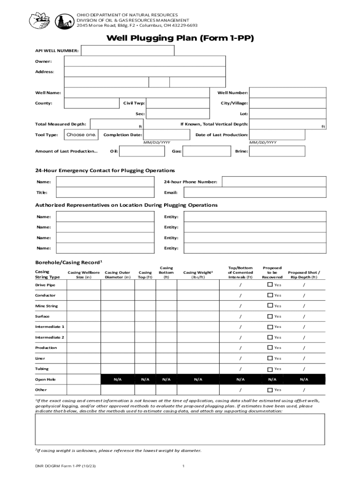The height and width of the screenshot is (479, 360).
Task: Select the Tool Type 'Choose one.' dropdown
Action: [x=81, y=135]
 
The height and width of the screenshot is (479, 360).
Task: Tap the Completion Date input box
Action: [x=166, y=135]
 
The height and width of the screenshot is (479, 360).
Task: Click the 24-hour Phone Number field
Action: [x=274, y=181]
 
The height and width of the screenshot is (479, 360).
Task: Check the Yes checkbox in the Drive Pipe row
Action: [x=270, y=284]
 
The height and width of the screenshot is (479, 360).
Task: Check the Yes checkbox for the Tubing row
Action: [x=270, y=369]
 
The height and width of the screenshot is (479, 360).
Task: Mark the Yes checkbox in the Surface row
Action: [x=270, y=316]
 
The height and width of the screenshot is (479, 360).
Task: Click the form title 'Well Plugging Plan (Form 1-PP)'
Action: [x=180, y=38]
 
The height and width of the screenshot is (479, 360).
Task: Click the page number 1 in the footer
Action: [x=184, y=466]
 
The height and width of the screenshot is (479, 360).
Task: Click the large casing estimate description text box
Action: [x=180, y=429]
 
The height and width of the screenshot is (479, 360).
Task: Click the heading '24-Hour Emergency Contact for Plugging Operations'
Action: [x=105, y=170]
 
